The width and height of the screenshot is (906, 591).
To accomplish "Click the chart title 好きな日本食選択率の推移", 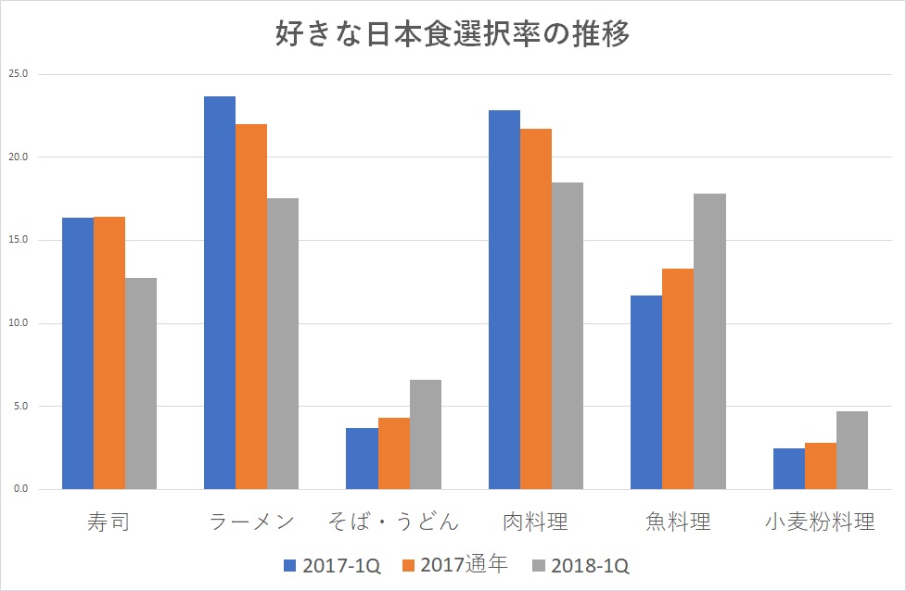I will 453,34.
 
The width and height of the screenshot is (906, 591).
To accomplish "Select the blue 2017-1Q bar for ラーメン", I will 220,293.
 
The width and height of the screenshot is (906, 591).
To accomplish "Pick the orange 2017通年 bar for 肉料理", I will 536,308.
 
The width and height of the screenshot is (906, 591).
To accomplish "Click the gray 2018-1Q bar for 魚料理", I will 709,341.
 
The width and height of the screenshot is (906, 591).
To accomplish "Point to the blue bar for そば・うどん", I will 362,459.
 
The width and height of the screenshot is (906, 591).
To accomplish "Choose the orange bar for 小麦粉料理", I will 821,466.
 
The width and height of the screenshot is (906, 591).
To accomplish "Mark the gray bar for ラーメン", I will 283,344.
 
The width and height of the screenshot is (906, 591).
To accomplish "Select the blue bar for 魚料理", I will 646,392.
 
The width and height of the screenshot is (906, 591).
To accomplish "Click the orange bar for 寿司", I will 109,353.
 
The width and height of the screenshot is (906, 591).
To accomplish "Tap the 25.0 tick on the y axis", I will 19,74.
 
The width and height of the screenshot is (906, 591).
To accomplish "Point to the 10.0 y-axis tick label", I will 19,323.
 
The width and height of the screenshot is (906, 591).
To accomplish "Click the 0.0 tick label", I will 20,489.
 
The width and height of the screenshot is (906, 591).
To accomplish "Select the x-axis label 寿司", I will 109,522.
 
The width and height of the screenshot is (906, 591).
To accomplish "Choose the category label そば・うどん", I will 393,522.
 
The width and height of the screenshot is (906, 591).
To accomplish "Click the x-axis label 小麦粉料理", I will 821,522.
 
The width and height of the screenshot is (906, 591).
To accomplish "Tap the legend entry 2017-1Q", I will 329,565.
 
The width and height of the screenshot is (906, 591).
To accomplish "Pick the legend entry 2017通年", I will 454,565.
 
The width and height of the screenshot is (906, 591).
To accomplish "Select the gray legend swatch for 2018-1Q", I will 541,565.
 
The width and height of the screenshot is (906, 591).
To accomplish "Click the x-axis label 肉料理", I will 536,522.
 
